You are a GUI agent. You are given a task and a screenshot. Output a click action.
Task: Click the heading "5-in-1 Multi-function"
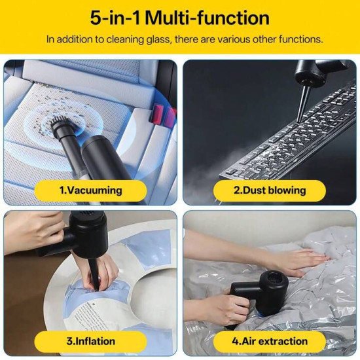point(179,17)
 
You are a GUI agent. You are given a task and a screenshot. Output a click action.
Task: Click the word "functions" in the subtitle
point(300,39)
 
